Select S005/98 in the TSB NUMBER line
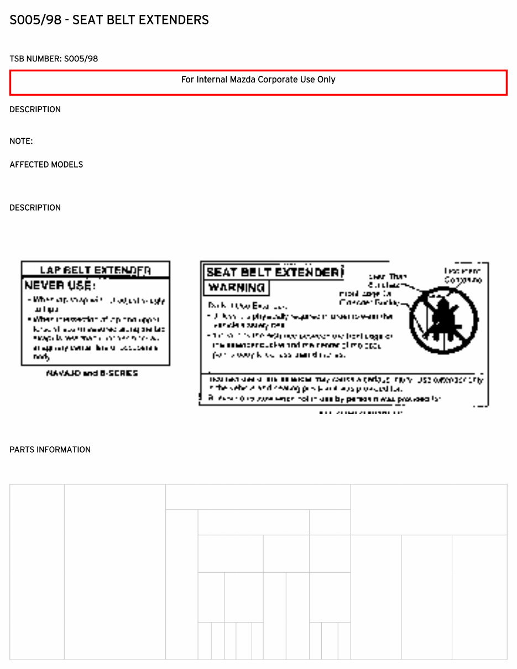click(81, 59)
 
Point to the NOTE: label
click(21, 142)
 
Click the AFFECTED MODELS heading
click(46, 165)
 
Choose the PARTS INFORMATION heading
click(50, 450)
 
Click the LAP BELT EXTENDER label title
click(95, 270)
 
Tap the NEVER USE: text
click(60, 286)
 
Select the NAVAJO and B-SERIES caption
click(92, 373)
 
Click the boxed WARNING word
click(236, 288)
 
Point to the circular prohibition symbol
click(443, 320)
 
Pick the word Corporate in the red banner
click(279, 80)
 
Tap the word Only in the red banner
click(326, 80)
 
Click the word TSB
click(17, 59)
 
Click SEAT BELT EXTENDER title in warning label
click(272, 273)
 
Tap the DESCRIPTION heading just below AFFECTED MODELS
click(35, 208)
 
